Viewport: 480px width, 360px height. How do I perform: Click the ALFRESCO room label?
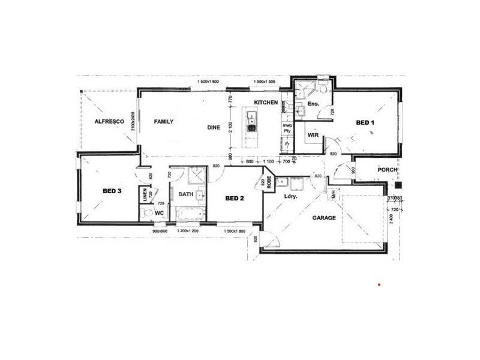click(109, 122)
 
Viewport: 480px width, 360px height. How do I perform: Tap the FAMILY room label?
click(163, 122)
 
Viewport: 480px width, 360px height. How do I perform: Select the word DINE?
click(214, 127)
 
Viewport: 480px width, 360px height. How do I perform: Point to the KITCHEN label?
click(265, 103)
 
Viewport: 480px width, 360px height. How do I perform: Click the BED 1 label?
click(365, 123)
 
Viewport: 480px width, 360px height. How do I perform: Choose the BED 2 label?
click(234, 197)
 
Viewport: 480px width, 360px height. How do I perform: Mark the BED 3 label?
click(112, 191)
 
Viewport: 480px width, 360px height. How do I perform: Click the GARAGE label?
click(322, 218)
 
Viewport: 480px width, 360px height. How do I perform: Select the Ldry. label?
click(292, 196)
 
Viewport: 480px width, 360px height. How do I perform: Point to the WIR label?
click(313, 136)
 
